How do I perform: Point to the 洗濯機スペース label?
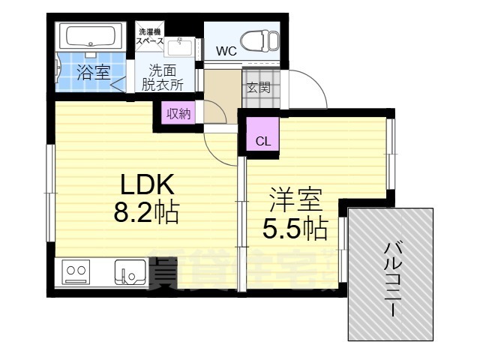pyautogui.click(x=148, y=37)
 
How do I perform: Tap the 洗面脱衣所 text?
pyautogui.click(x=164, y=77)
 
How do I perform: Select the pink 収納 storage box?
pyautogui.click(x=178, y=114)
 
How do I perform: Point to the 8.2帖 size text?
pyautogui.click(x=145, y=214)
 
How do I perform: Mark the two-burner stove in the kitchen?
pyautogui.click(x=76, y=271)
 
